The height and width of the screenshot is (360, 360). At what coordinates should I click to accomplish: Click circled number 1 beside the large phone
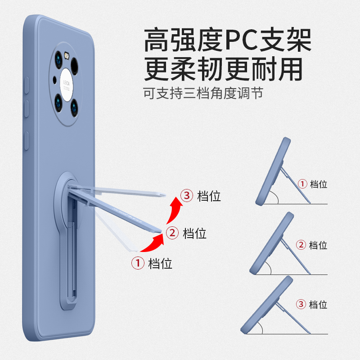(x=137, y=263)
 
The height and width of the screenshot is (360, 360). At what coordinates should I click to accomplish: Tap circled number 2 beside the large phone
(x=172, y=233)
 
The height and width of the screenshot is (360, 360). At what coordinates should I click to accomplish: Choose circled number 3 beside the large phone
(x=187, y=196)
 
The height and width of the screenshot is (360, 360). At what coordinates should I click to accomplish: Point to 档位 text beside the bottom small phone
(x=318, y=304)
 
